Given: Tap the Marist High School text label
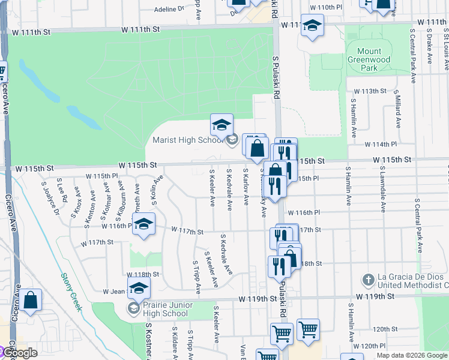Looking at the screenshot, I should click(x=187, y=140).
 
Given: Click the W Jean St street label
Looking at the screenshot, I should click(x=115, y=291).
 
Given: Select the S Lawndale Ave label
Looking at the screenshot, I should click(x=381, y=191).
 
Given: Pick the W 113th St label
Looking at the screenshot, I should click(x=369, y=91).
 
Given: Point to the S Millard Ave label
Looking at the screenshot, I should click(x=397, y=109).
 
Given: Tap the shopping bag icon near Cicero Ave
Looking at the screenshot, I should click(x=31, y=299).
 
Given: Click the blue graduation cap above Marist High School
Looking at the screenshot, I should click(x=221, y=125).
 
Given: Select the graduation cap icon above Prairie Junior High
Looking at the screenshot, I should click(x=139, y=287).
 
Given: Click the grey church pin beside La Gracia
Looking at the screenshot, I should click(x=367, y=280).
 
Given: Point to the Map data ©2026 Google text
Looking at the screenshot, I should click(x=412, y=355).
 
